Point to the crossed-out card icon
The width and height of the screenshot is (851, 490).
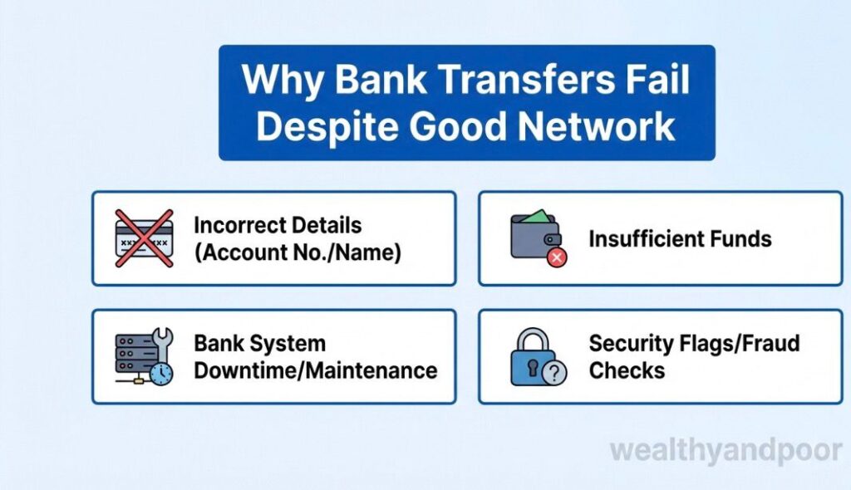click(143, 238)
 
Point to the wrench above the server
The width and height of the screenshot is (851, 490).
click(162, 340)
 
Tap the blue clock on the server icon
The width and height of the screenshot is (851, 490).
click(161, 374)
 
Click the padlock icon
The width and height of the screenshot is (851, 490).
click(530, 357)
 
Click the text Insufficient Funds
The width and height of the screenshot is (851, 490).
click(680, 239)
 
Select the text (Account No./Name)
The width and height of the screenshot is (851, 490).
click(298, 252)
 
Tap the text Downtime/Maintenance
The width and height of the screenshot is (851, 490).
click(315, 370)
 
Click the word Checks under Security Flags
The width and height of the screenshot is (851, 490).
click(627, 370)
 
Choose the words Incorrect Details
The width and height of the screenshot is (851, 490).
click(277, 225)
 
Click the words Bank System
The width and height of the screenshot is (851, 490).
click(259, 344)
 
